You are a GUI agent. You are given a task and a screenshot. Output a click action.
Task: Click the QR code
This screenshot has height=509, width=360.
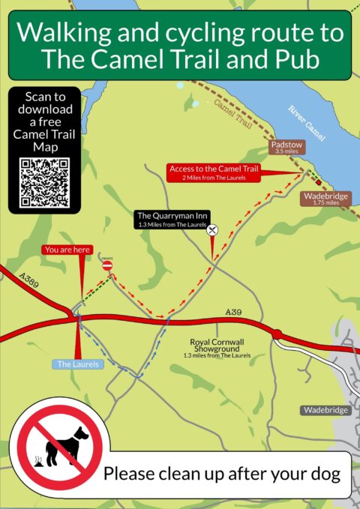(x=44, y=182)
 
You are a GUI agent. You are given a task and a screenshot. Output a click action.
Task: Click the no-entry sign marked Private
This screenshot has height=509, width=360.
(x=106, y=265)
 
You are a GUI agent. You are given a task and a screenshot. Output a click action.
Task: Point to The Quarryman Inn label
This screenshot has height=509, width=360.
(x=172, y=218)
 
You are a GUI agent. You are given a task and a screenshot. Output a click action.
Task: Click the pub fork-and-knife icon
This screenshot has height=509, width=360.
(x=213, y=230)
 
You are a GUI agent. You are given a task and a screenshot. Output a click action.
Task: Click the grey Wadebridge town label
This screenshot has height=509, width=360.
(x=325, y=410)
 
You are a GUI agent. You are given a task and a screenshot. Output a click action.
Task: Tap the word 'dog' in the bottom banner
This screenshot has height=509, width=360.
(x=322, y=474)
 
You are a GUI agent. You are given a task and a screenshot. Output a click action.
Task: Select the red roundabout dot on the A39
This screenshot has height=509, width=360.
(x=276, y=334)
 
